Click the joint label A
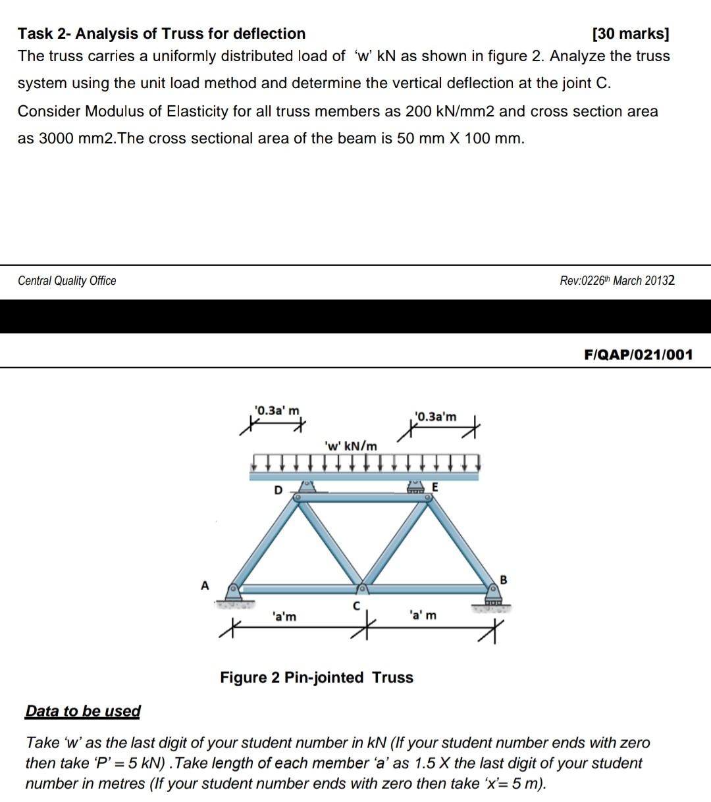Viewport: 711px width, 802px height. tap(205, 585)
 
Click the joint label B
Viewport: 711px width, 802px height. tap(504, 580)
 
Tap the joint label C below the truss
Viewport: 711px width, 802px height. tap(356, 605)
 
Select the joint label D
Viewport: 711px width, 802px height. tap(278, 490)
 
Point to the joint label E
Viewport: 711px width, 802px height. tap(434, 487)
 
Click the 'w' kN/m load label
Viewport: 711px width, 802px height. tap(352, 446)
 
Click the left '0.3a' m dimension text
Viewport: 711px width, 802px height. tap(277, 411)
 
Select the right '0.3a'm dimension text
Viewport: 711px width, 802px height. tap(435, 416)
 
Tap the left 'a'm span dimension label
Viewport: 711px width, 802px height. tap(284, 616)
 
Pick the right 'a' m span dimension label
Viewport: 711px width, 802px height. tap(422, 615)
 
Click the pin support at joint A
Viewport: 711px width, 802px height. tap(233, 596)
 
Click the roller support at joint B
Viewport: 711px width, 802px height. tap(492, 597)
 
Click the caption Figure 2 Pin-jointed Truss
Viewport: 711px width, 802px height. tap(317, 678)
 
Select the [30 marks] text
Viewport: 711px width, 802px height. tap(631, 34)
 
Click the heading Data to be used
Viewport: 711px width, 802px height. tap(83, 711)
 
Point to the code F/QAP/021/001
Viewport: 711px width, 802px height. tap(638, 355)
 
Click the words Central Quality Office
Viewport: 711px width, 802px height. tap(67, 281)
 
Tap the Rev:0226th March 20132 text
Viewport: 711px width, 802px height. tap(617, 281)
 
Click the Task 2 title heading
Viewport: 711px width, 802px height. tap(162, 34)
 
